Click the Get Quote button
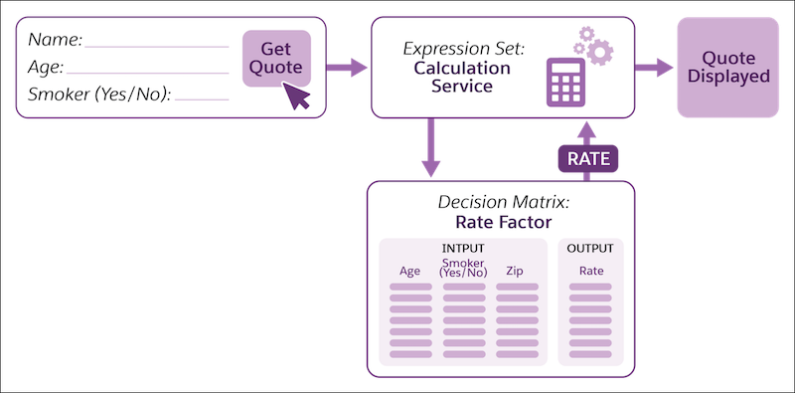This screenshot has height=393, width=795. (x=275, y=58)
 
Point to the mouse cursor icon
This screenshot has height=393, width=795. (x=296, y=97)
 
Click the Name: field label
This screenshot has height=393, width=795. (x=56, y=41)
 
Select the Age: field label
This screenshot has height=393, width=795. (x=46, y=68)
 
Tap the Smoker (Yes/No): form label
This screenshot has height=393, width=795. (x=99, y=96)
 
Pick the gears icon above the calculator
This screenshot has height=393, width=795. (x=593, y=46)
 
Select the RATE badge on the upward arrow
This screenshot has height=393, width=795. (x=587, y=158)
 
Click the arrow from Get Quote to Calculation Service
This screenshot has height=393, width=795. (x=347, y=68)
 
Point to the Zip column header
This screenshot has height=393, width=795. (x=515, y=271)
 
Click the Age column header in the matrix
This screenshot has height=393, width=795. (x=409, y=271)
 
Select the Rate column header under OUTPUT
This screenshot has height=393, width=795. (x=591, y=271)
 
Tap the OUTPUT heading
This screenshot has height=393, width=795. (x=590, y=248)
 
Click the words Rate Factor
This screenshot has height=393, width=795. (x=501, y=222)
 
